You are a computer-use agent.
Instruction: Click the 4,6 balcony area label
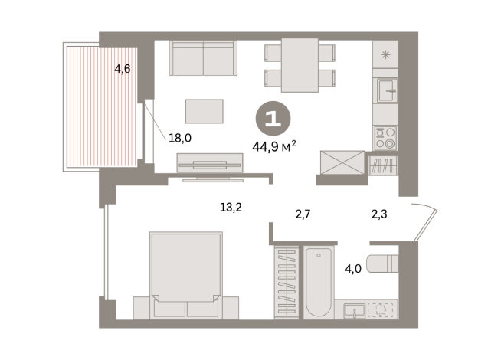click(122, 69)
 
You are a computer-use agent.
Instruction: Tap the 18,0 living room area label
click(179, 139)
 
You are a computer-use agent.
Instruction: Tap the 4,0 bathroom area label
click(352, 270)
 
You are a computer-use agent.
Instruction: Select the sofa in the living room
click(201, 57)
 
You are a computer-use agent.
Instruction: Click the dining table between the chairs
click(300, 64)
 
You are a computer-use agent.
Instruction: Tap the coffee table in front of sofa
click(205, 111)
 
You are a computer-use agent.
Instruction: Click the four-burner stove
click(385, 137)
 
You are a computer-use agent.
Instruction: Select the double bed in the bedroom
click(186, 272)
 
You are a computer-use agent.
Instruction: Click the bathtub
click(319, 281)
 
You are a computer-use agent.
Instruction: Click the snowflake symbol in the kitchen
click(385, 54)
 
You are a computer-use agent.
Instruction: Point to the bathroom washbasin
click(355, 310)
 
